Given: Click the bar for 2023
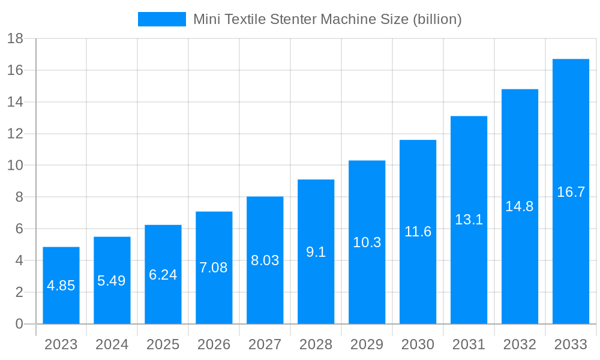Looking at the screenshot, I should coord(61,300).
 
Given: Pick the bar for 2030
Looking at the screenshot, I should coord(418,270).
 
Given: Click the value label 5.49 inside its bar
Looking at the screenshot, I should coord(112,281).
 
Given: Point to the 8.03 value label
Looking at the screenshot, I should coord(265,261).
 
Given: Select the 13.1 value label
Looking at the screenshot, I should coord(469,220).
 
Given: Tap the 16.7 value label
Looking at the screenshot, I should coord(571,193).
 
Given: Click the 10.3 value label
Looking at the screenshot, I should coord(367,242).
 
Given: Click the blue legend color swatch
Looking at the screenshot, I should coord(161,19).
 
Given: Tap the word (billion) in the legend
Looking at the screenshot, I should coord(437,19).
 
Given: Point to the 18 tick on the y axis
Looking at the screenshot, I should coord(15,38).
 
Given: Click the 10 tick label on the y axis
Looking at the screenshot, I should coord(15,166).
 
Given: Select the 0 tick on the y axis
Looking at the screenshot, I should coord(19,324).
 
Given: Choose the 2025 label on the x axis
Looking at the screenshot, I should coord(163,345).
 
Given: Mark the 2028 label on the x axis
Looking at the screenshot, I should coord(316,345).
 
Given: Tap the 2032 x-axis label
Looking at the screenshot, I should coord(520,345).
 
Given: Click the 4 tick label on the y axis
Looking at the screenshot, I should coord(19,260).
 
